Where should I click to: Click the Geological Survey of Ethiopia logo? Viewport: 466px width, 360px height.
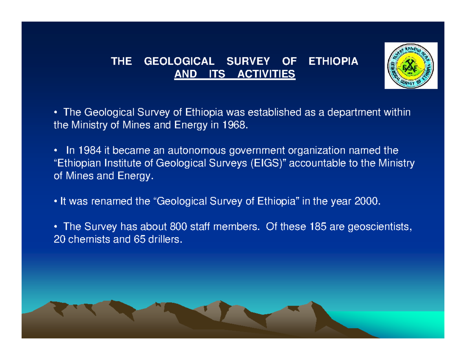tap(410, 65)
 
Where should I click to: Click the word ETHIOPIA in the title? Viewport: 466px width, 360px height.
tap(333, 61)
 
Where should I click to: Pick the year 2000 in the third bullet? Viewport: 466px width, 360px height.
tap(365, 201)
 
